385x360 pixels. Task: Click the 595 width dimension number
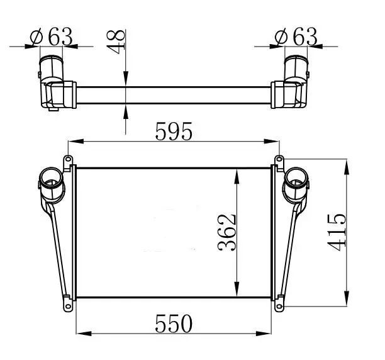[x=174, y=132]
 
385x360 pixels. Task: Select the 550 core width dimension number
[x=174, y=323]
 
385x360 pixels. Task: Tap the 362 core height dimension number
[x=227, y=232]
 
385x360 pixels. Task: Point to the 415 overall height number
[x=337, y=232]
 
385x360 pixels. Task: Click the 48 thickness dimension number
[x=116, y=42]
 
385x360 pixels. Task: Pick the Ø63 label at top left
[x=51, y=37]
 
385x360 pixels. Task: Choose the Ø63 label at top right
[x=296, y=37]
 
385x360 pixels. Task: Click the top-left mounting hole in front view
[x=68, y=159]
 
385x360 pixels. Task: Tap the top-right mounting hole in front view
[x=279, y=159]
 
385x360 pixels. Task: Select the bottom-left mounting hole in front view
[x=68, y=307]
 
